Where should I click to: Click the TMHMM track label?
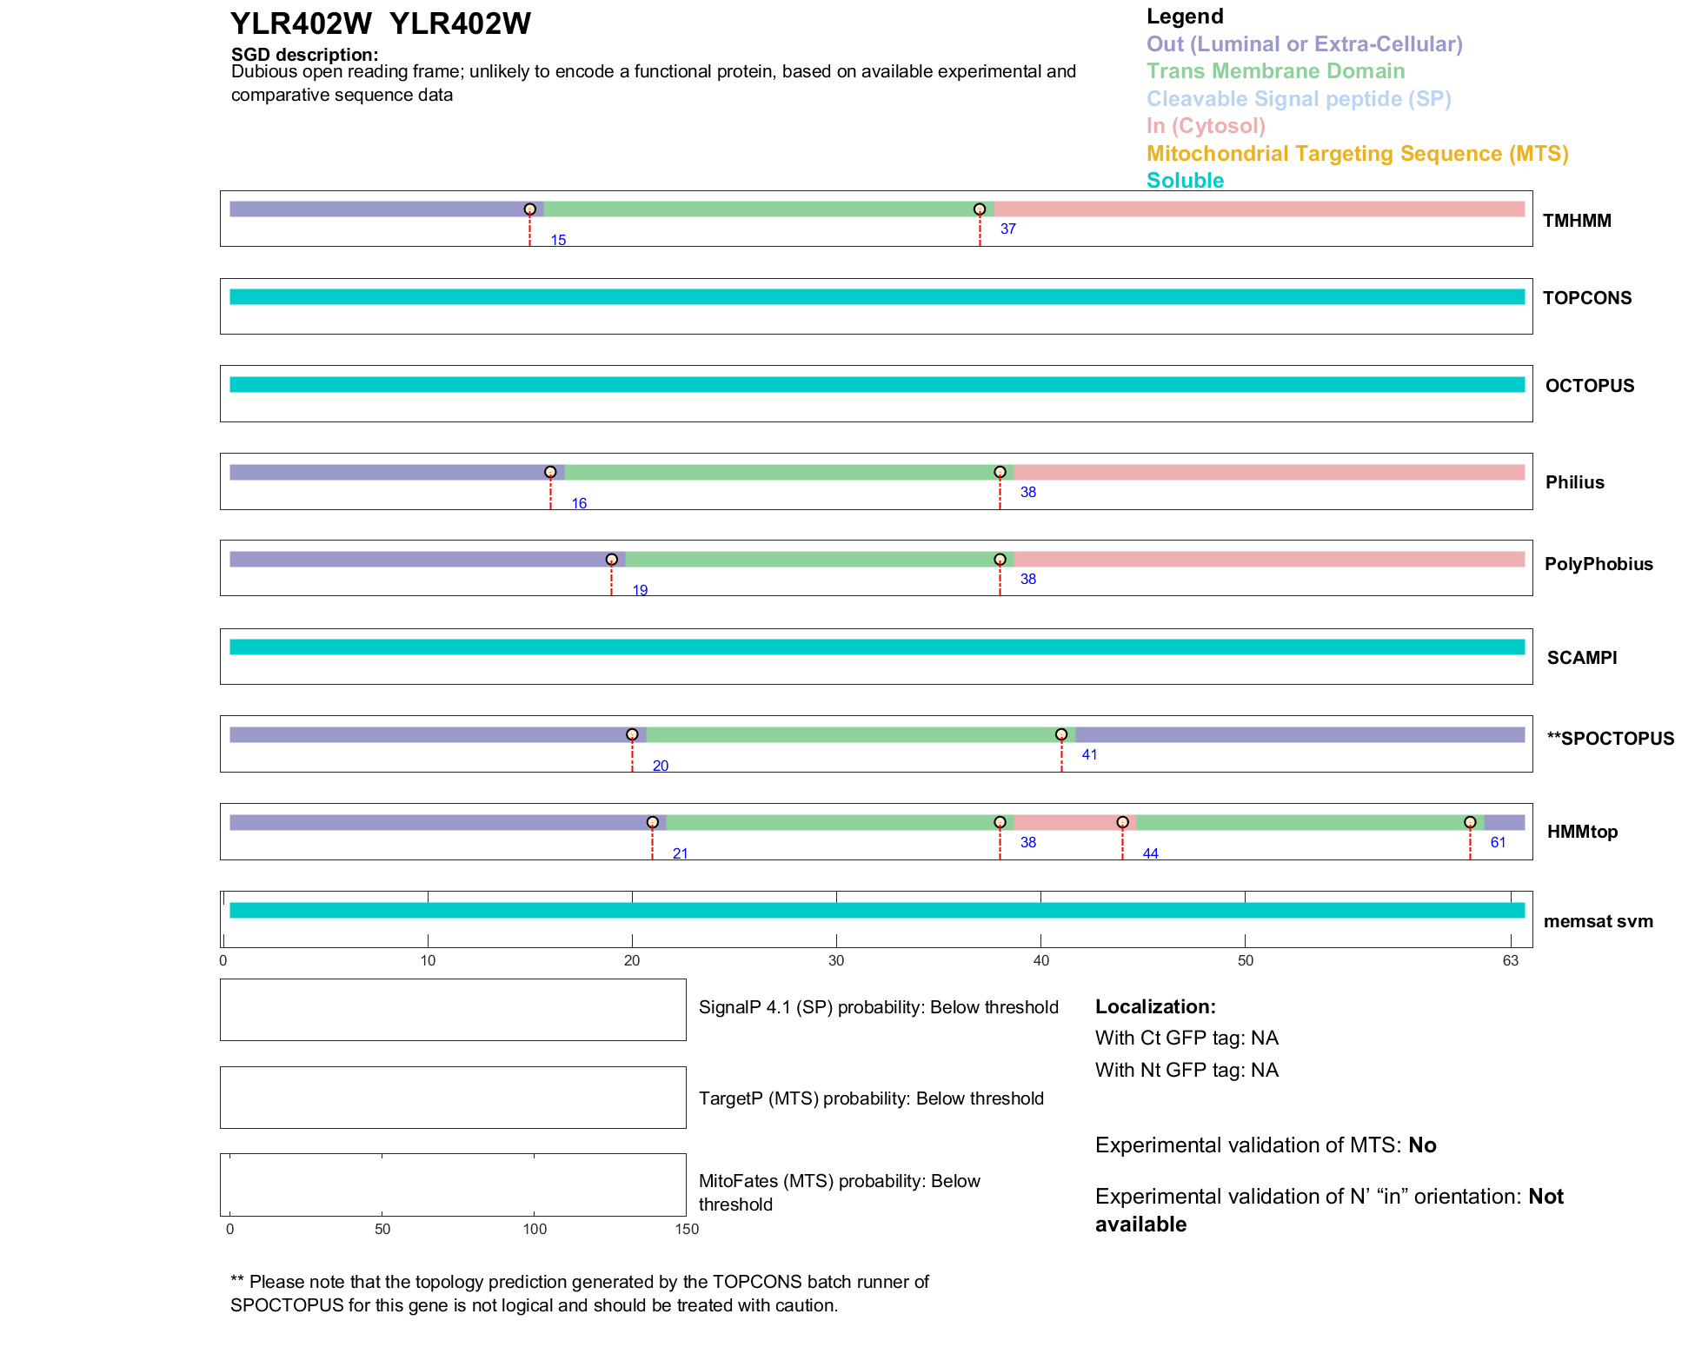pyautogui.click(x=1576, y=221)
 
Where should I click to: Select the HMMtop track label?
pyautogui.click(x=1582, y=832)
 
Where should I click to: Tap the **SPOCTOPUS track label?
pyautogui.click(x=1610, y=739)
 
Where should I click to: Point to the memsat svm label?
pyautogui.click(x=1598, y=921)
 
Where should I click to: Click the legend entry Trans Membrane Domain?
pyautogui.click(x=1275, y=71)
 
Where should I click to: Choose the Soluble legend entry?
pyautogui.click(x=1185, y=181)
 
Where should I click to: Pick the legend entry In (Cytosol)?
pyautogui.click(x=1206, y=126)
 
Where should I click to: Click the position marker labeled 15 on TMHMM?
pyautogui.click(x=529, y=209)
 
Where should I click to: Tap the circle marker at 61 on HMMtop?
pyautogui.click(x=1470, y=822)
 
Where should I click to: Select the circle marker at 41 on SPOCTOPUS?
pyautogui.click(x=1061, y=735)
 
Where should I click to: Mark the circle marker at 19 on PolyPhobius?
pyautogui.click(x=612, y=560)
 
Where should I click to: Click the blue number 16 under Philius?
pyautogui.click(x=579, y=504)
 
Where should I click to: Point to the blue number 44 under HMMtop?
pyautogui.click(x=1150, y=854)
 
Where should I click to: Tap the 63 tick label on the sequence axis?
pyautogui.click(x=1511, y=960)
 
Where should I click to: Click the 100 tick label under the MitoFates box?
pyautogui.click(x=535, y=1229)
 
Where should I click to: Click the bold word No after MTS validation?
pyautogui.click(x=1422, y=1145)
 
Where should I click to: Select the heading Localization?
pyautogui.click(x=1155, y=1007)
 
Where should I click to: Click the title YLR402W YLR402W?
pyautogui.click(x=380, y=24)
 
